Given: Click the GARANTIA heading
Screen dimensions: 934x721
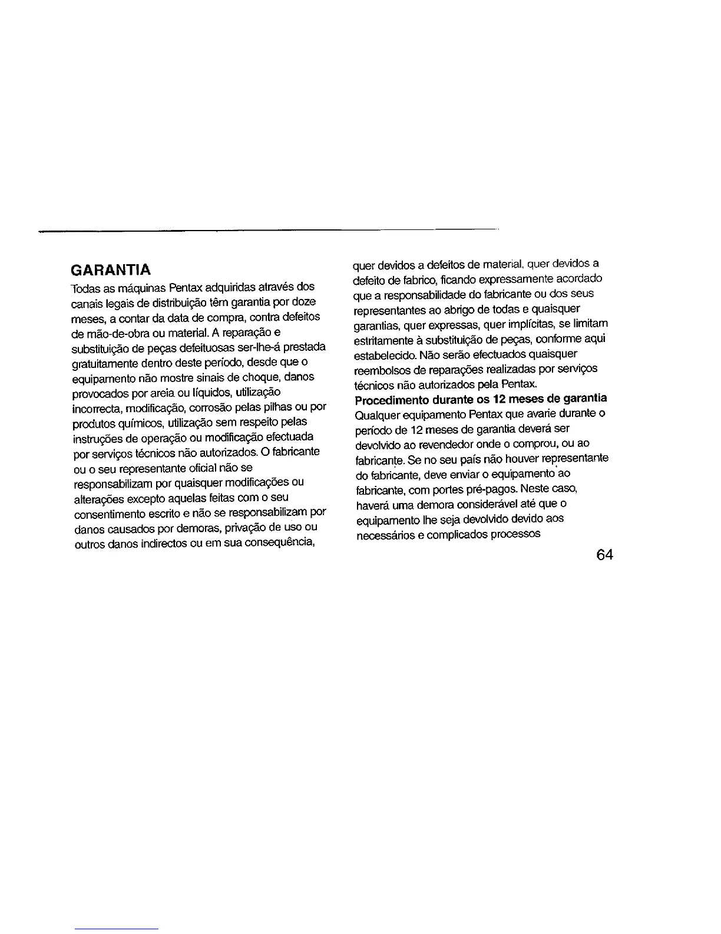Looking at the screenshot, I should [110, 271].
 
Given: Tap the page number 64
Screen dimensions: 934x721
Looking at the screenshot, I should [604, 555].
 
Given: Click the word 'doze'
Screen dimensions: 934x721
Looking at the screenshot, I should [308, 301].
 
